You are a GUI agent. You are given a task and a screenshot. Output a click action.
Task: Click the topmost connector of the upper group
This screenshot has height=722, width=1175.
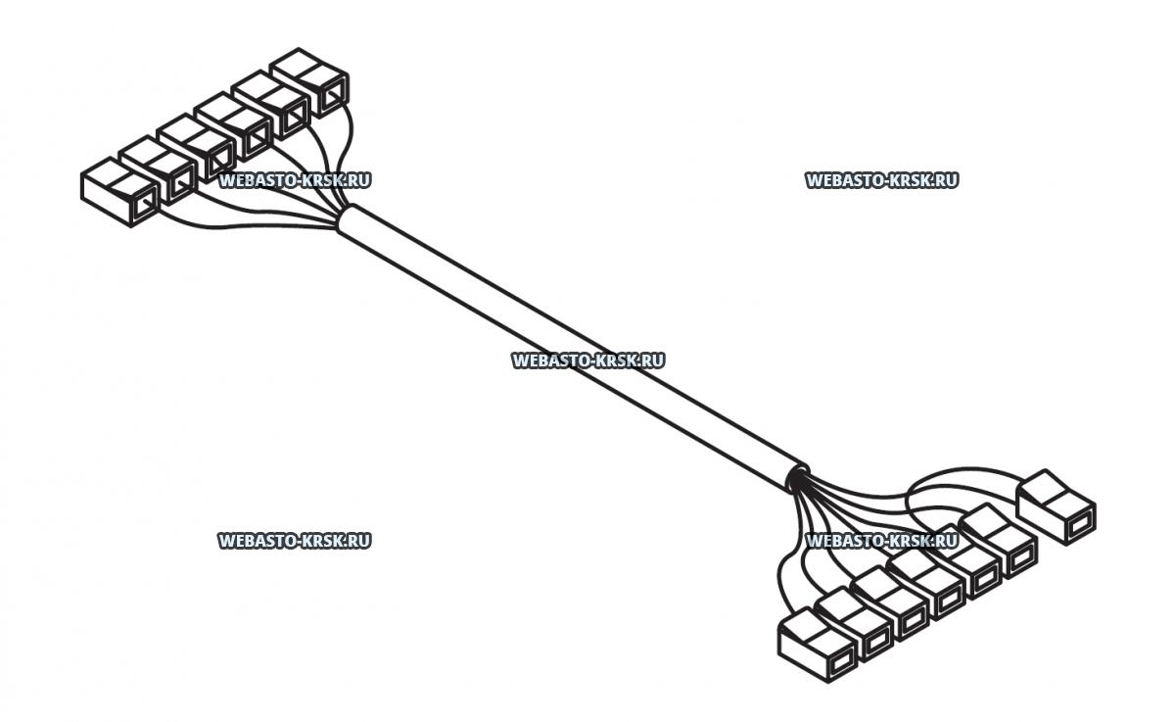[311, 79]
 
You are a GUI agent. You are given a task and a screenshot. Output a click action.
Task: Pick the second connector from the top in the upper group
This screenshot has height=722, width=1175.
[272, 106]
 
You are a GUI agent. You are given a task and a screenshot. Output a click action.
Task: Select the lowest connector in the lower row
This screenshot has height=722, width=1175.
[817, 646]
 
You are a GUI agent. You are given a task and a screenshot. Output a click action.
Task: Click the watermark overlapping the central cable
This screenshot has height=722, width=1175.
[587, 361]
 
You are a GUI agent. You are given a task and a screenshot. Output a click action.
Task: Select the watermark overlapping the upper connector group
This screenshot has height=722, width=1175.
[295, 180]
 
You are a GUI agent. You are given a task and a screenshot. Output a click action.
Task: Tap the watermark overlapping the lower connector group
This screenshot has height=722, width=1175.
[881, 540]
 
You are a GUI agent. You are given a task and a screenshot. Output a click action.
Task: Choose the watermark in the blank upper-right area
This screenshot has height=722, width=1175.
[881, 180]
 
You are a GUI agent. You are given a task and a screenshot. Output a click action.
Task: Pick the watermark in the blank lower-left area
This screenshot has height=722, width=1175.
[295, 540]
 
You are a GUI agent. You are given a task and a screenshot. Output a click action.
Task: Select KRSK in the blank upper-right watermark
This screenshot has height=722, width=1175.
[910, 180]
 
